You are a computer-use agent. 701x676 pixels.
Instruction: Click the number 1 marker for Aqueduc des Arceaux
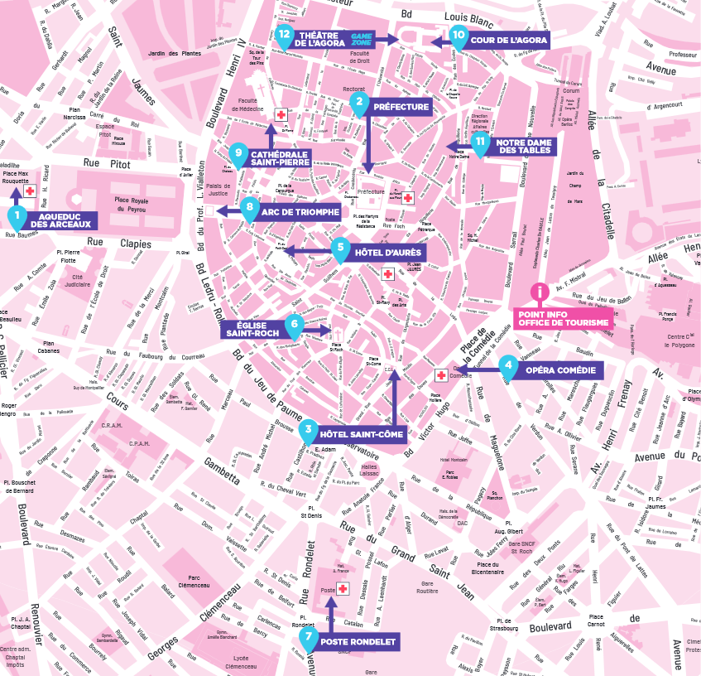pos(16,217)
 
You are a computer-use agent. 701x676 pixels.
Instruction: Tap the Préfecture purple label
pos(401,108)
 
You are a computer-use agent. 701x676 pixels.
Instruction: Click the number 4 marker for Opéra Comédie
pos(508,366)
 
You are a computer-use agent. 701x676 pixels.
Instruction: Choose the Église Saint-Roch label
pos(252,329)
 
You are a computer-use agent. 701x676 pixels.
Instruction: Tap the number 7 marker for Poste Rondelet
pos(309,639)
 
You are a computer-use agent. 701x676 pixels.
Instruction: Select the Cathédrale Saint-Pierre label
pos(280,158)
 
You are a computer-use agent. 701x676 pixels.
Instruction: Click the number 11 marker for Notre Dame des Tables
pos(480,141)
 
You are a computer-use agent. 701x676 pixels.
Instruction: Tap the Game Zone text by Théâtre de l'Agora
pos(363,38)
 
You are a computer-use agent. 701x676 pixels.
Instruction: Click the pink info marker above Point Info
pos(540,292)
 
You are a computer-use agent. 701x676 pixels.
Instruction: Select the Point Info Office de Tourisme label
pos(564,318)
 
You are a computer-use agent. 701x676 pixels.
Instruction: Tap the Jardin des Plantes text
pos(174,54)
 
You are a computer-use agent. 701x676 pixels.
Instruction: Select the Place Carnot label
pos(596,621)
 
